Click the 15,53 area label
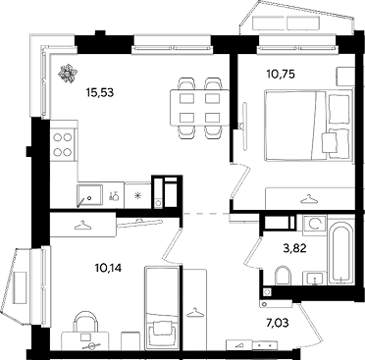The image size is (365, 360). pos(100,93)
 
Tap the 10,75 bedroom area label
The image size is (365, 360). pos(281,75)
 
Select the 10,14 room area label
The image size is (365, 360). pos(108,269)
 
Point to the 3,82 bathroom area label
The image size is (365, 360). pos(294,248)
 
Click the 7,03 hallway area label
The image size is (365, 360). pos(278,323)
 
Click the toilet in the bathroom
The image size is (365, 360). pos(284,276)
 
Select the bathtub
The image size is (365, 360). pos(340,253)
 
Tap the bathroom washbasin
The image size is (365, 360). pos(314,279)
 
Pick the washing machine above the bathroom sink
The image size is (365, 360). pos(315,225)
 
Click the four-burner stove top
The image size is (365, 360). pos(63,145)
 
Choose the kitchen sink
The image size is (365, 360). pos(90,195)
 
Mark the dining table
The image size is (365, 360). pos(200,108)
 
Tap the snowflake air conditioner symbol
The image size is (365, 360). pos(69,74)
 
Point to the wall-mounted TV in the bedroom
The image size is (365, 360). pos(244,127)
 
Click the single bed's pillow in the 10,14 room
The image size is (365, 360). pos(161,328)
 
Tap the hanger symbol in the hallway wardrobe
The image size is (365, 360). pos(195,312)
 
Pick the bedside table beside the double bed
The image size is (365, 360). pos(345,77)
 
